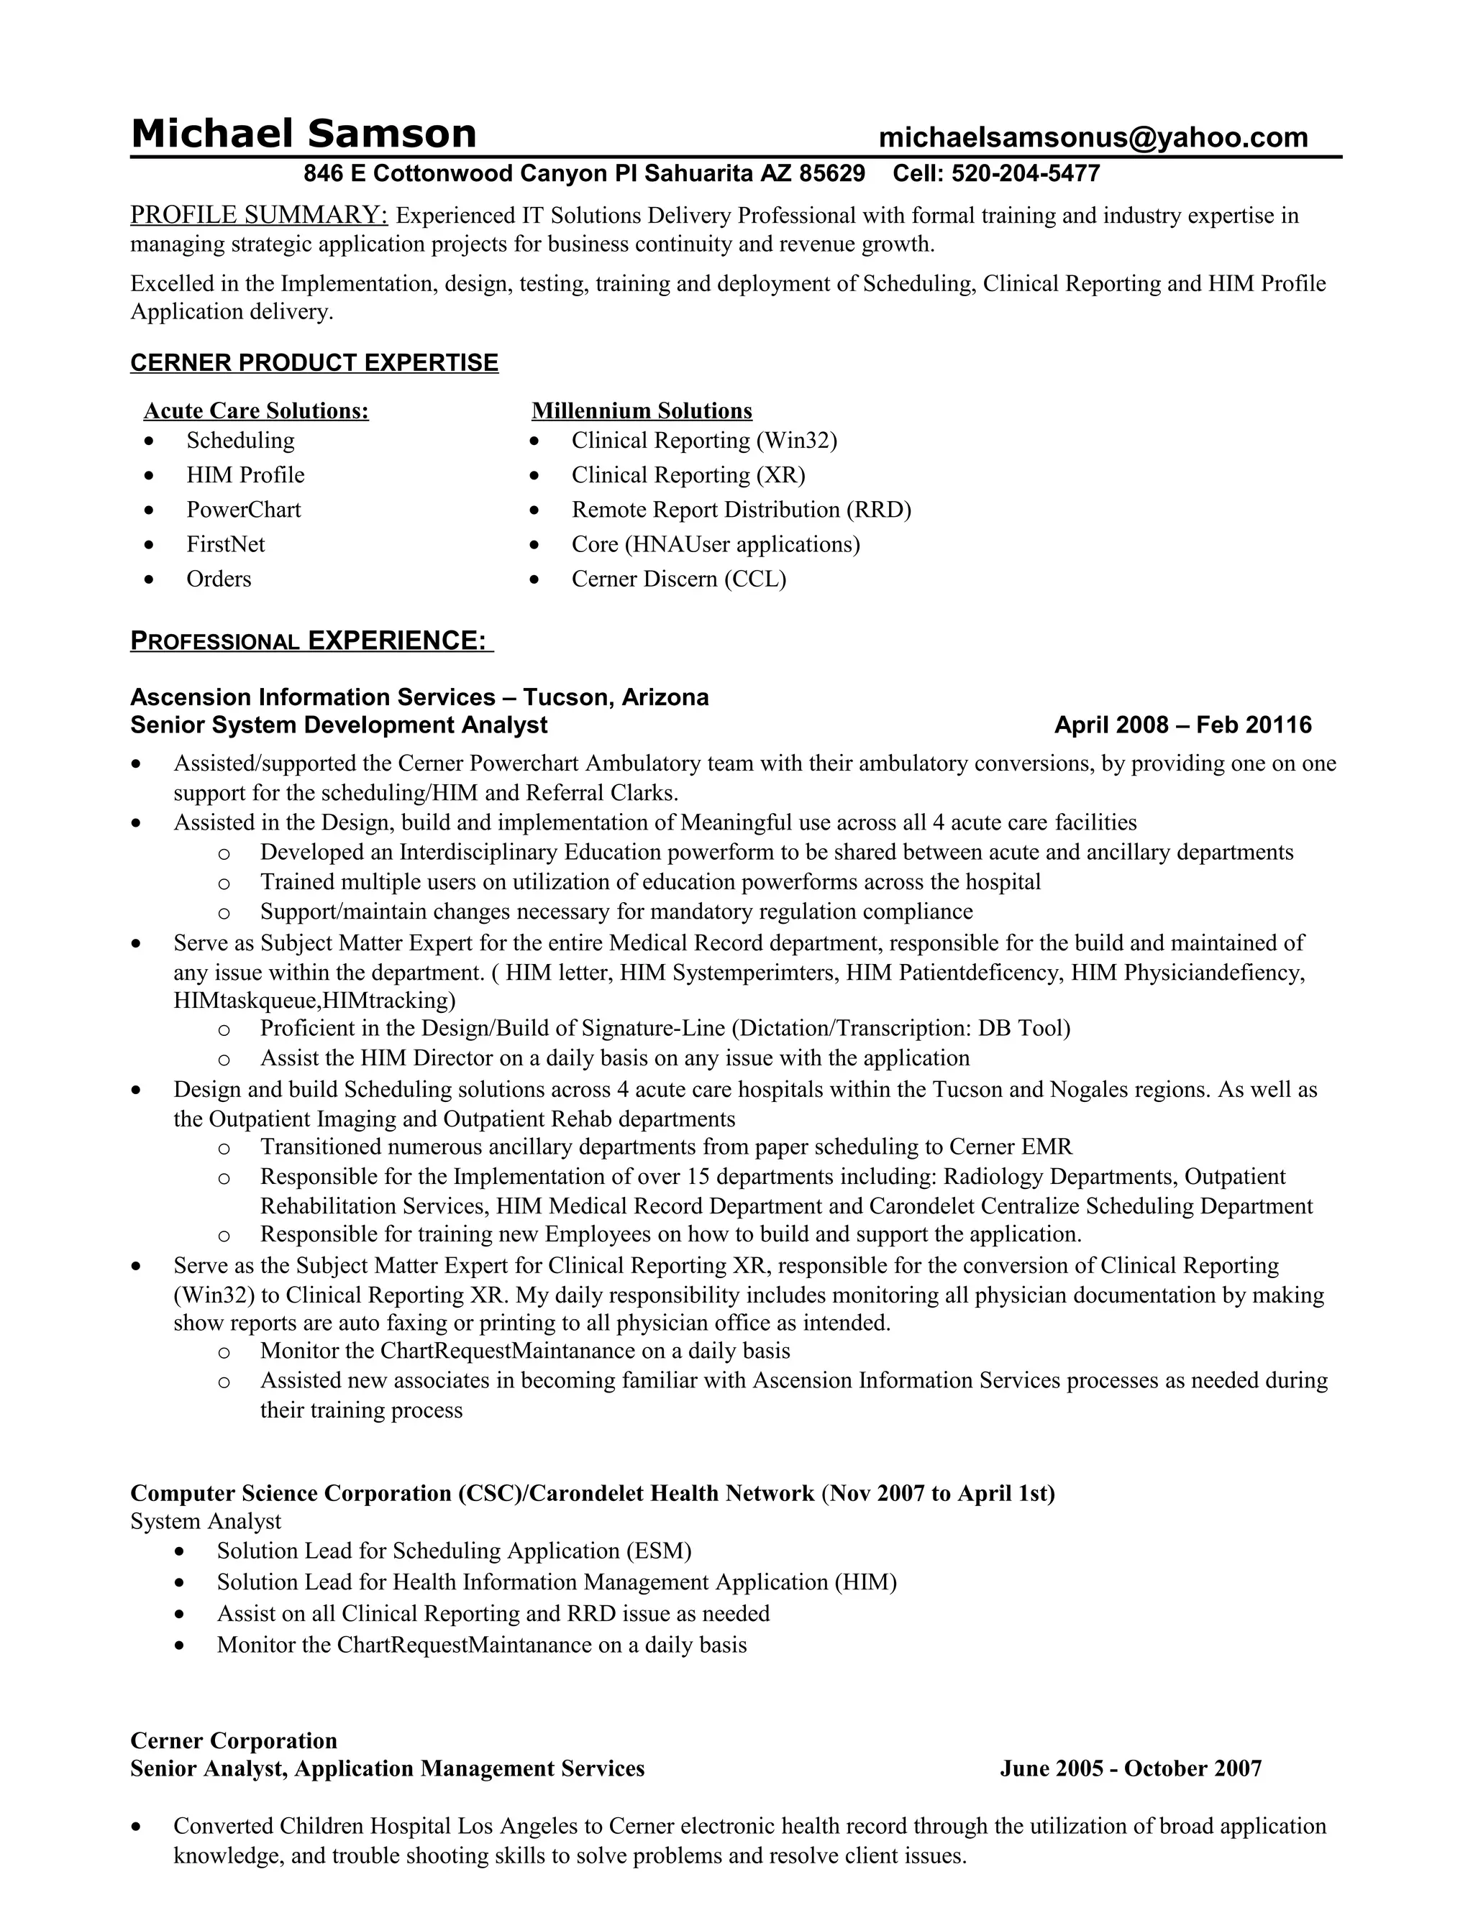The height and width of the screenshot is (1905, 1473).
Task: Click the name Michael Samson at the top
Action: (303, 134)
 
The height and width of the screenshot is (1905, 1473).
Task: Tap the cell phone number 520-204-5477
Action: (1026, 173)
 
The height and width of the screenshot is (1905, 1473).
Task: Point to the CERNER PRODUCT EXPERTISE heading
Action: (314, 363)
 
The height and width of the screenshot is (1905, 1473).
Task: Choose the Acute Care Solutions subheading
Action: (255, 410)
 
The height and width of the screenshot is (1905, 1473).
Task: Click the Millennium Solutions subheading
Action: (642, 410)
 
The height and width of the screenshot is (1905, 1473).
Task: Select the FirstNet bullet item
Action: (225, 544)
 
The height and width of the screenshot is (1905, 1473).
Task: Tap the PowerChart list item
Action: (244, 510)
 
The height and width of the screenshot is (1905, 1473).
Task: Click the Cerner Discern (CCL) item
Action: (678, 579)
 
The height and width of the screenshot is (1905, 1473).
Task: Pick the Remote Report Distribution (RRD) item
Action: (741, 510)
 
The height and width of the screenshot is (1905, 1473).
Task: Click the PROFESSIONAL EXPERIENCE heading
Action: (311, 641)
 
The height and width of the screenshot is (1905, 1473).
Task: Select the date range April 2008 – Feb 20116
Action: (1182, 725)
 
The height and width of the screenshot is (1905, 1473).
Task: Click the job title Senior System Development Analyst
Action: (339, 725)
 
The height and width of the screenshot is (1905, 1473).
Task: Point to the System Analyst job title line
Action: (206, 1521)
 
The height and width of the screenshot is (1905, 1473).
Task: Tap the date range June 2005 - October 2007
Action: (1130, 1768)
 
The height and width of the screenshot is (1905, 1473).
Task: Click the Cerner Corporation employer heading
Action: (233, 1740)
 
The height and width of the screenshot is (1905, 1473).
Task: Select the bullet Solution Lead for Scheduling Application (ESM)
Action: (454, 1551)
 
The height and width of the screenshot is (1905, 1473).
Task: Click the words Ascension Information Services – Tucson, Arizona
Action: (419, 697)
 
